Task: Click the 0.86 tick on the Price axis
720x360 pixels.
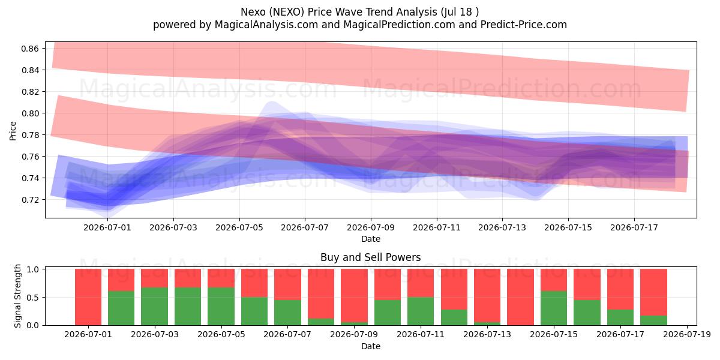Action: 29,49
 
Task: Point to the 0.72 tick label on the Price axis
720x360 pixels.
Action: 29,200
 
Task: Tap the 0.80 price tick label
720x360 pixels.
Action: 29,113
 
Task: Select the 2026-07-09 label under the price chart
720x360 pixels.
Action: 371,227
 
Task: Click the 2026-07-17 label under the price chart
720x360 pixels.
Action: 634,227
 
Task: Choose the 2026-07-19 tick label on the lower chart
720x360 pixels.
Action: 687,335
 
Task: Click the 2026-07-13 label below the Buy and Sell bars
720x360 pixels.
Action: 487,335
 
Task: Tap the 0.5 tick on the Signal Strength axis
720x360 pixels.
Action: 33,298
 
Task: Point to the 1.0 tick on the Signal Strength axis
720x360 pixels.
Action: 33,269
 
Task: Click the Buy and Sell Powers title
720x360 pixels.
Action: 371,257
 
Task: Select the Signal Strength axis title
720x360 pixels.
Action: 17,296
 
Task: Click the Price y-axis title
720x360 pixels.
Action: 13,131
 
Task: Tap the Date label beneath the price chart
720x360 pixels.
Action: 371,239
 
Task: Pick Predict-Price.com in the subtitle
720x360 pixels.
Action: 524,25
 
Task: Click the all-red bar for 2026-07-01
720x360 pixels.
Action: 88,298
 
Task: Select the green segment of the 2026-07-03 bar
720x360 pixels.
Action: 154,307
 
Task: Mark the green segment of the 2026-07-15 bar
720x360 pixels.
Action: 554,308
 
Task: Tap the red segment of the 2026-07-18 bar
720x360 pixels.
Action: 653,293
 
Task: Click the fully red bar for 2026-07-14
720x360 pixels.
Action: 520,298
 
